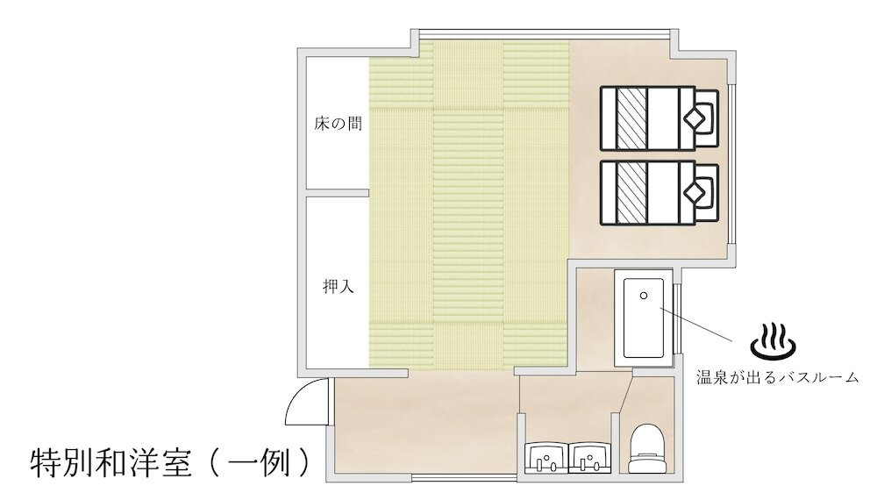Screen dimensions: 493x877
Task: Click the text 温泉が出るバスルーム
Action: point(775,378)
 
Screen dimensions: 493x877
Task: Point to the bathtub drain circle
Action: point(645,297)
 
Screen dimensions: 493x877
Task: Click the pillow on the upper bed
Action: point(700,117)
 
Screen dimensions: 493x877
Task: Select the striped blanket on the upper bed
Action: point(631,117)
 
